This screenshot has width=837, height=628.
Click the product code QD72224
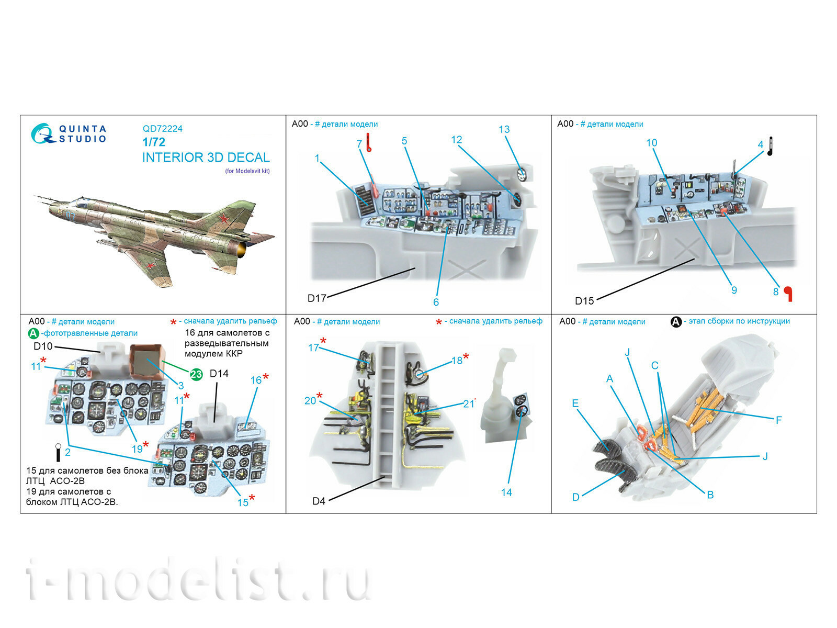(x=162, y=129)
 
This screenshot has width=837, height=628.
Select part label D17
(x=316, y=298)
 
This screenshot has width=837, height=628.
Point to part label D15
(x=584, y=301)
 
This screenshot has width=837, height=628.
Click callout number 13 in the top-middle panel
(x=504, y=129)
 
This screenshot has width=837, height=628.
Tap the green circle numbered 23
(x=196, y=374)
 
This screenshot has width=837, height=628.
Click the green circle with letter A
(x=33, y=333)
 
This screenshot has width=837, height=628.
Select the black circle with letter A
(x=676, y=322)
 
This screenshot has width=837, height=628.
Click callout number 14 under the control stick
(x=506, y=492)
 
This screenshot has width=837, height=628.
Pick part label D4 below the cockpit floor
(x=319, y=501)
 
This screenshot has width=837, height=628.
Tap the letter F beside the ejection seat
(x=778, y=420)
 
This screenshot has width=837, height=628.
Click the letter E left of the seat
(x=575, y=403)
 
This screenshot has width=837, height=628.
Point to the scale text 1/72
(x=153, y=142)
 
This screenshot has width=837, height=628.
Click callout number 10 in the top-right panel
(x=651, y=143)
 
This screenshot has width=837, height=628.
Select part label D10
(x=43, y=346)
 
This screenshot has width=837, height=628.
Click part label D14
(x=219, y=374)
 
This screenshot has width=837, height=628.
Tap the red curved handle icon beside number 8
(x=788, y=294)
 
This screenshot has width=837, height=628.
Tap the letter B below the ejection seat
(x=710, y=495)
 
